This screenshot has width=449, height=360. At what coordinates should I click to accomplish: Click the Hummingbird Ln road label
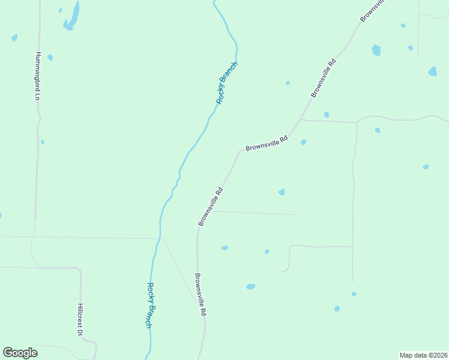[37, 76]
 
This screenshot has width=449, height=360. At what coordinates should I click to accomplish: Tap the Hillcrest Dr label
[80, 319]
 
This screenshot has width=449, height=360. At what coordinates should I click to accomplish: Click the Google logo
[20, 353]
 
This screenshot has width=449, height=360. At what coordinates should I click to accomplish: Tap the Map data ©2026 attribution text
[423, 355]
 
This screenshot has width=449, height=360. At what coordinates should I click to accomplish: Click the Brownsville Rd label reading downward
[200, 295]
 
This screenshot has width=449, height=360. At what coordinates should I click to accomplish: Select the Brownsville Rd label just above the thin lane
[211, 207]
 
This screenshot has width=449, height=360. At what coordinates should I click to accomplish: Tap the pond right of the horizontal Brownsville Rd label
[303, 142]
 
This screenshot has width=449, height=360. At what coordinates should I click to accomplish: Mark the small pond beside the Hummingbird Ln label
[50, 58]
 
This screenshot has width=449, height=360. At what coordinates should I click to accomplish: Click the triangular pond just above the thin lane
[282, 191]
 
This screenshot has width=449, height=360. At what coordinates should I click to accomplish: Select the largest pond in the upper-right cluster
[376, 50]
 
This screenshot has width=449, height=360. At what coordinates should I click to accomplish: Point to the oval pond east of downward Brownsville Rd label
[250, 287]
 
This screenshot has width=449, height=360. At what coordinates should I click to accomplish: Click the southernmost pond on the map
[337, 308]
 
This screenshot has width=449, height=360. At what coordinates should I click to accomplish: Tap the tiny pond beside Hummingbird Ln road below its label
[42, 142]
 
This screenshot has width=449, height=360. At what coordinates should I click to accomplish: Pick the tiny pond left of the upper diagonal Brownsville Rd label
[288, 83]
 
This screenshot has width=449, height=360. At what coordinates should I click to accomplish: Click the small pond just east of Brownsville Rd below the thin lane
[224, 248]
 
